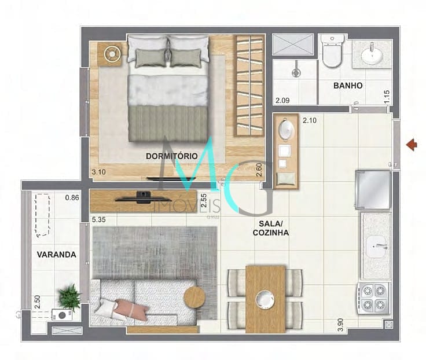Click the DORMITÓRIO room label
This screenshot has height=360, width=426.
[172, 156]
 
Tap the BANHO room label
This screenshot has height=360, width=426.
[348, 86]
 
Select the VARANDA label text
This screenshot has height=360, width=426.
[57, 254]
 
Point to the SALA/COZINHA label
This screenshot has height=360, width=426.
[270, 227]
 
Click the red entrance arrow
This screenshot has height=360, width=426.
[412, 144]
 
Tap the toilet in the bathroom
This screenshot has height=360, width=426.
[333, 52]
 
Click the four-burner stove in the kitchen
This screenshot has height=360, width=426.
[373, 297]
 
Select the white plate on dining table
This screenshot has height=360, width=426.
[265, 299]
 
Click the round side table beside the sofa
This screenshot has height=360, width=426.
[194, 297]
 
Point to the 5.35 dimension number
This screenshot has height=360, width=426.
[99, 220]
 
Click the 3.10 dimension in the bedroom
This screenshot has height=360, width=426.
[99, 171]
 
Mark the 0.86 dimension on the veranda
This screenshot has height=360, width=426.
[72, 197]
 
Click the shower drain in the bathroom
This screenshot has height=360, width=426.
[296, 73]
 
